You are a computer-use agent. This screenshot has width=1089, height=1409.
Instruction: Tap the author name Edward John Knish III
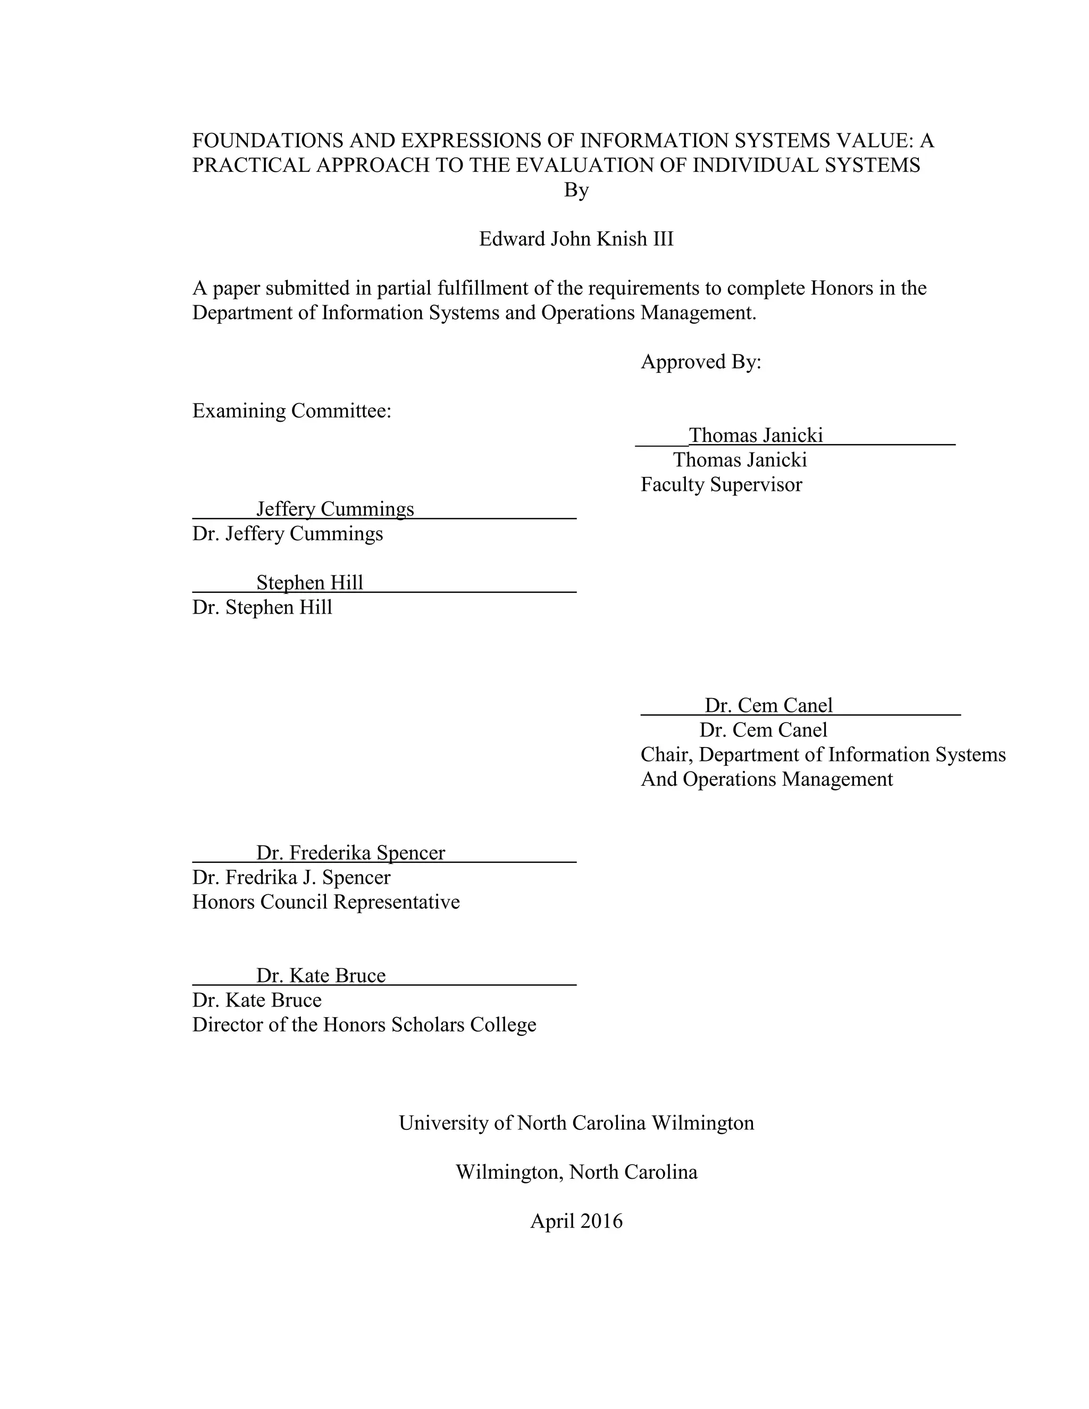[x=576, y=239]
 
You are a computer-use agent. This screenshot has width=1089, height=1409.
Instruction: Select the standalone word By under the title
[x=576, y=190]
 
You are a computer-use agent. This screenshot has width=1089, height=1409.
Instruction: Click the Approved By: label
[x=701, y=362]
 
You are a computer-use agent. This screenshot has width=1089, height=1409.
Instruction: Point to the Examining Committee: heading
[x=291, y=411]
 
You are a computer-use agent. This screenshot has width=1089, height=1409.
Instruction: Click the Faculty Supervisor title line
[x=721, y=484]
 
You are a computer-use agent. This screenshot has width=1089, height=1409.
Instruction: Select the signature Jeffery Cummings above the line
[x=335, y=509]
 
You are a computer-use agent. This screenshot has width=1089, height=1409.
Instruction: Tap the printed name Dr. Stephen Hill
[x=262, y=607]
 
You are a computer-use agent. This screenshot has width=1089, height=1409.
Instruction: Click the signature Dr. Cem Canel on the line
[x=768, y=705]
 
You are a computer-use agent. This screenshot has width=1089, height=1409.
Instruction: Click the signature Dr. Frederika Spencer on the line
[x=350, y=853]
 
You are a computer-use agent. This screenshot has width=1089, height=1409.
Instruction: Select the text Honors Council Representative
[x=326, y=902]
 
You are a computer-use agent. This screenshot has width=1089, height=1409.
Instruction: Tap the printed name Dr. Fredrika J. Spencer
[x=291, y=877]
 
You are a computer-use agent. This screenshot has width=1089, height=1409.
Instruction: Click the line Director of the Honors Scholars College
[x=364, y=1025]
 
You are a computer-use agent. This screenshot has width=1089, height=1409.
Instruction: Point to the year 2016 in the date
[x=601, y=1221]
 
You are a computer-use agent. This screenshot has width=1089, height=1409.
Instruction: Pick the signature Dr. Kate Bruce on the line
[x=321, y=976]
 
